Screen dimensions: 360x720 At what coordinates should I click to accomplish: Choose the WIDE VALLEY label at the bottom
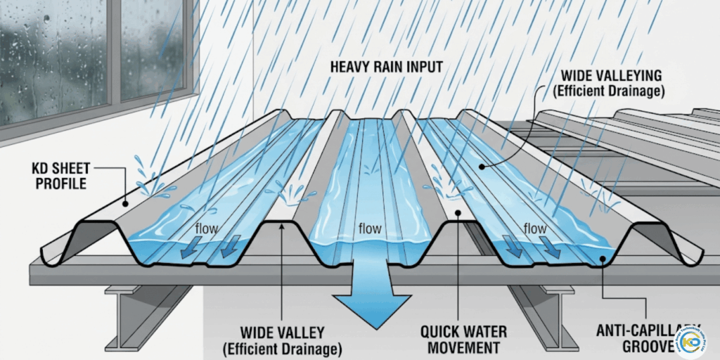coord(282,338)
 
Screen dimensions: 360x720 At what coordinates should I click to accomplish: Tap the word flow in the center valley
coord(370,229)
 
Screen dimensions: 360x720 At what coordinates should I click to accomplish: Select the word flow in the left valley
coord(207,229)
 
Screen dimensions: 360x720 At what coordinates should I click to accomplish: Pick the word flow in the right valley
coord(534,229)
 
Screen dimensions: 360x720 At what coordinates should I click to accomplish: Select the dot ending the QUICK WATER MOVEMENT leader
coord(457,212)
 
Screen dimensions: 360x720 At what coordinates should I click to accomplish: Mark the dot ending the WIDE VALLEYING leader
coord(482,167)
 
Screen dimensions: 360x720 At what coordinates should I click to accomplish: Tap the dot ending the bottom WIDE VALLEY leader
coord(282,224)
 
